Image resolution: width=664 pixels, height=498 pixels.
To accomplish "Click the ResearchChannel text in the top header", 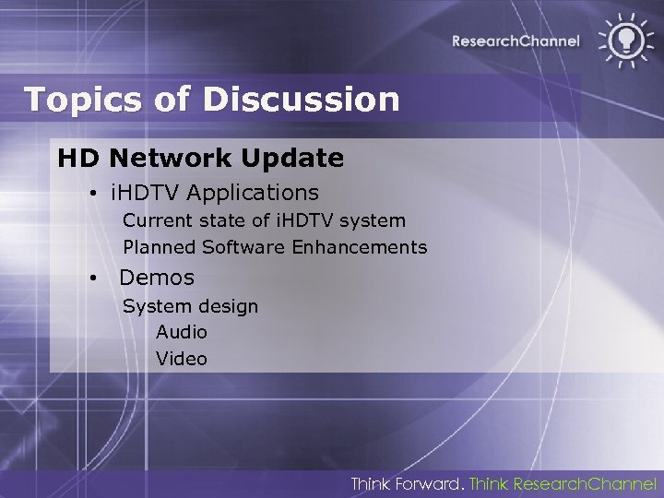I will [x=516, y=41].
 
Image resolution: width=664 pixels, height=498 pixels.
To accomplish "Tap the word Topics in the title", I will [x=78, y=99].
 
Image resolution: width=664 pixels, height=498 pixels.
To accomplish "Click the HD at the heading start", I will [x=77, y=159].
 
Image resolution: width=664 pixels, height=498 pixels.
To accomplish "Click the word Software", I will [x=243, y=247].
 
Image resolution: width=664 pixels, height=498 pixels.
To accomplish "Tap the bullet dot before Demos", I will [x=94, y=279].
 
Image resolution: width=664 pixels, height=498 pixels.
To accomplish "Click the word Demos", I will [x=157, y=278].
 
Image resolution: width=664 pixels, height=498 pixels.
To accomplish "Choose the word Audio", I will [x=182, y=332].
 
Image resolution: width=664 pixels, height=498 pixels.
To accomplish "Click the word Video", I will [x=182, y=359].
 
